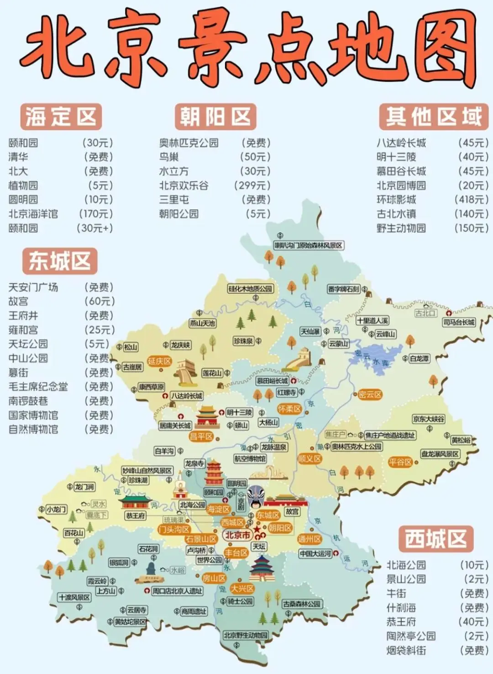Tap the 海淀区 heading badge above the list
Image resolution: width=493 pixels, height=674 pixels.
(x=61, y=117)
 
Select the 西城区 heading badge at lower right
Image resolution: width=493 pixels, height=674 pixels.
(x=436, y=539)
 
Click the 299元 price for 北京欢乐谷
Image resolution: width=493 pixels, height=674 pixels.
(x=252, y=186)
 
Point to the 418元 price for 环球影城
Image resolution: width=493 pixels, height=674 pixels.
(x=471, y=200)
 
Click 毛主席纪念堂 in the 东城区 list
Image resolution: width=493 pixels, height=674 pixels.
(x=38, y=387)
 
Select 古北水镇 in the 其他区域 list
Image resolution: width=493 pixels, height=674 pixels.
(x=396, y=214)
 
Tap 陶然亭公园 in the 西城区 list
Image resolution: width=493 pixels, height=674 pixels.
(x=411, y=636)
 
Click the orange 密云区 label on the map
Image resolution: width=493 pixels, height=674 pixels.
(x=369, y=394)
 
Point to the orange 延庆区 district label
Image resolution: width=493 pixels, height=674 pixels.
(x=159, y=361)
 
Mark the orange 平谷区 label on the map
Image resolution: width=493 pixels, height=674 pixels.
(x=400, y=462)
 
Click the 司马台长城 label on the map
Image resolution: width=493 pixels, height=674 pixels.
(x=459, y=322)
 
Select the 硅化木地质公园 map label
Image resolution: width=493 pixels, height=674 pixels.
(x=250, y=289)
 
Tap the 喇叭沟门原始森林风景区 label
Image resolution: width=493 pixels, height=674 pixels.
(x=309, y=245)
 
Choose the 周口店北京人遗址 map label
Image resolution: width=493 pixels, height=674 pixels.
(x=177, y=591)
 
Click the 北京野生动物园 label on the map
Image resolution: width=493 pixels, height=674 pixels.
(x=246, y=635)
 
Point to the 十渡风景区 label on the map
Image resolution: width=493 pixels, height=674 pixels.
(x=74, y=597)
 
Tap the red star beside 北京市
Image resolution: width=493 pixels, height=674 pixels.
(x=257, y=529)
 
